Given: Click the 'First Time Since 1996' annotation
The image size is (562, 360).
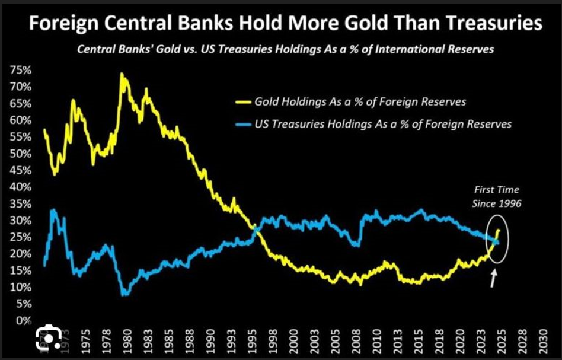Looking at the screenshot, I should coord(497,196).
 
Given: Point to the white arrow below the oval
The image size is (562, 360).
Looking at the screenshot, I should coord(493,278).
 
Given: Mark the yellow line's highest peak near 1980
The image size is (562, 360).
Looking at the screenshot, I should coord(122,74).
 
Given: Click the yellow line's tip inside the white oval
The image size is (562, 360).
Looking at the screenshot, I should coord(499,230).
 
